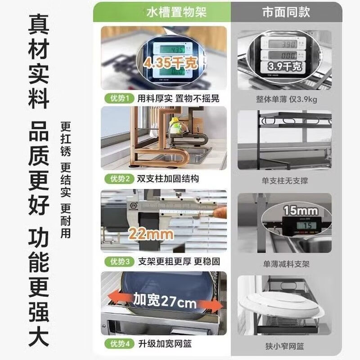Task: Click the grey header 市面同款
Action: [286, 12]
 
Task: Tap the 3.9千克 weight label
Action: [284, 67]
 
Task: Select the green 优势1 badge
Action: [117, 98]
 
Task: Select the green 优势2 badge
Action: [117, 179]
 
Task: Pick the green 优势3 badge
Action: [117, 261]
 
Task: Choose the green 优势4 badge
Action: [117, 344]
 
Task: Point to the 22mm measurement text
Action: [151, 234]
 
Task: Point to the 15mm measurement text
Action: [301, 211]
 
